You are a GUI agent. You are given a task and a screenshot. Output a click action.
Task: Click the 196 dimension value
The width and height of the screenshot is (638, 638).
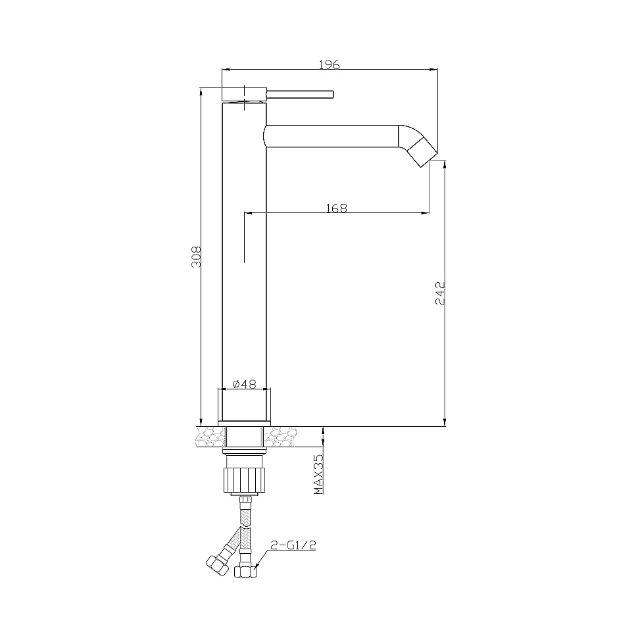tap(329, 64)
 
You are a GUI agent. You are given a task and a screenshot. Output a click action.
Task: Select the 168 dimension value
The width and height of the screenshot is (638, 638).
tap(337, 208)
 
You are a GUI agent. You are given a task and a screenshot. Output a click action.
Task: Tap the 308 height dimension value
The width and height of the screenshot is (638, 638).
tap(196, 257)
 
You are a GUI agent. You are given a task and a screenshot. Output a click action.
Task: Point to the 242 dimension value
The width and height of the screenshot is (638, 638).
tap(440, 293)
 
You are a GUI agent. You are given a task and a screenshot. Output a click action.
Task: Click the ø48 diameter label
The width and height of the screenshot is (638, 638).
tap(244, 383)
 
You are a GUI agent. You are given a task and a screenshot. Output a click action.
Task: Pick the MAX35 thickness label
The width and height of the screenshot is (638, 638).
tap(318, 474)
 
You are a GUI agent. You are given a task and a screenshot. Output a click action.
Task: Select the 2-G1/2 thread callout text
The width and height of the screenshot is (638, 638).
tap(293, 545)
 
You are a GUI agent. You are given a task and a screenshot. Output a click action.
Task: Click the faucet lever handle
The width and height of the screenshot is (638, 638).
tap(300, 95)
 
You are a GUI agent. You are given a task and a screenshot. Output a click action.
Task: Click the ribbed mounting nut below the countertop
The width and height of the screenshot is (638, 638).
tap(244, 479)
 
